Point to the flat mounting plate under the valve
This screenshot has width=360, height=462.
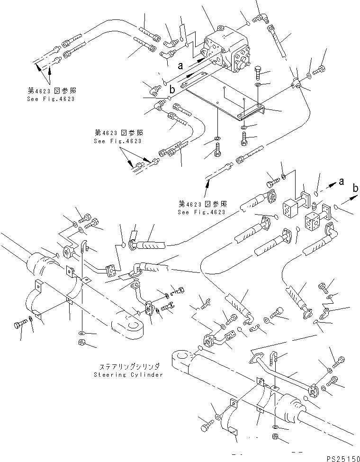pos(223,102)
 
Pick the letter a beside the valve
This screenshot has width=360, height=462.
pos(180,66)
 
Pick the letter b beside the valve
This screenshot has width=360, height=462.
pos(172,89)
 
